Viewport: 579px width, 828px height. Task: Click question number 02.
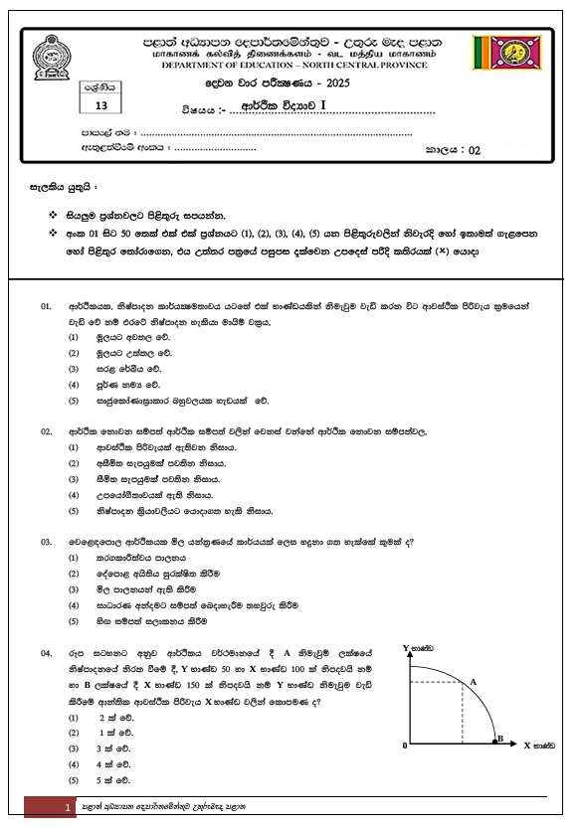tap(46, 432)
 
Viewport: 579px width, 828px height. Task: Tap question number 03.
tap(46, 542)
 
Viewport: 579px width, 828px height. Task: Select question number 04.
tap(46, 652)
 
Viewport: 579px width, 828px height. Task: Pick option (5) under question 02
tap(73, 511)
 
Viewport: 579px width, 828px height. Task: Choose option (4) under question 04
tap(73, 764)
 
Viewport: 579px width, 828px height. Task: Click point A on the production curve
tap(473, 681)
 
